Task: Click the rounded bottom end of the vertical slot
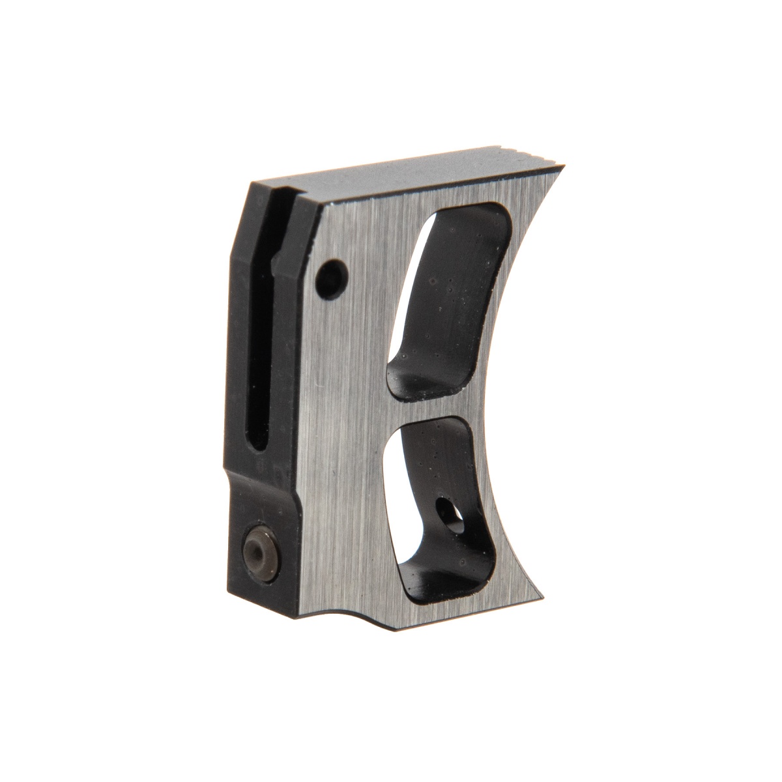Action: pos(259,443)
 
